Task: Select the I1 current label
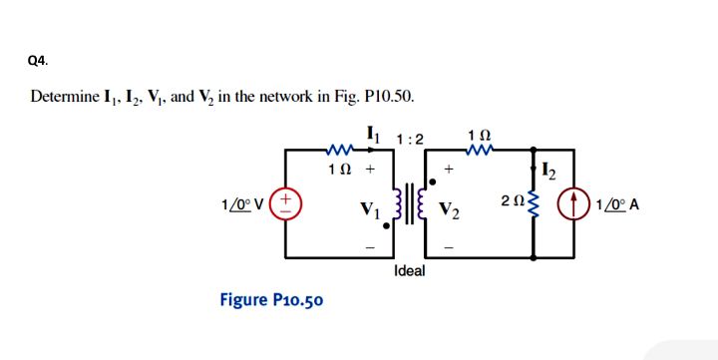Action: pyautogui.click(x=373, y=131)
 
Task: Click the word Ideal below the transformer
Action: pyautogui.click(x=410, y=271)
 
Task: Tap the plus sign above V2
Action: pyautogui.click(x=451, y=171)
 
